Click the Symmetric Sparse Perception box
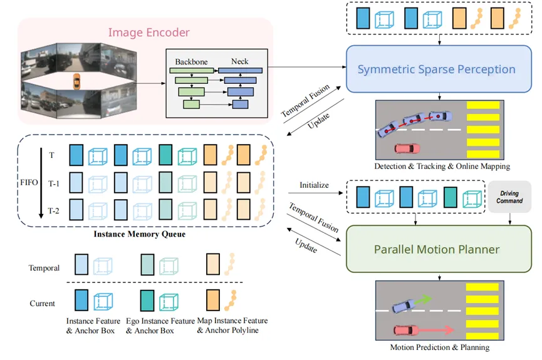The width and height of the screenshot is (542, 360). [x=436, y=69]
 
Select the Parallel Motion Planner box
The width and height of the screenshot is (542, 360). [x=436, y=249]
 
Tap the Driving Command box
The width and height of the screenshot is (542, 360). [x=509, y=197]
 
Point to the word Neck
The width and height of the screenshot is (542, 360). [x=239, y=61]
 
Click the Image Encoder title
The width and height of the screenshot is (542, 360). [x=149, y=32]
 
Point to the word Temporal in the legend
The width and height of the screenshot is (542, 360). [x=44, y=268]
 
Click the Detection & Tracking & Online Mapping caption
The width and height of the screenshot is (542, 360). [x=442, y=167]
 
